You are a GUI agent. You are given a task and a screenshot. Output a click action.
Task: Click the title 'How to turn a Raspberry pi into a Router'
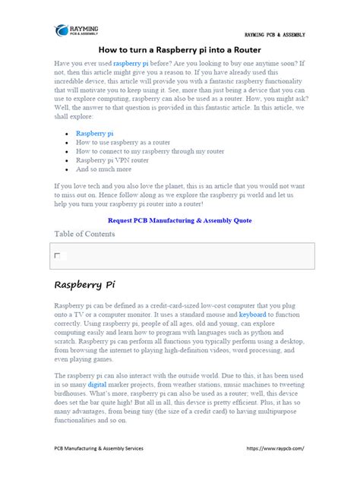pyautogui.click(x=180, y=49)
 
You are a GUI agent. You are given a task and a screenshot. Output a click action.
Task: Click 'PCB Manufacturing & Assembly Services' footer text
pyautogui.click(x=99, y=448)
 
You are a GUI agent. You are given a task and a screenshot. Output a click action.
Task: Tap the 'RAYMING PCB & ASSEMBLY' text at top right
pyautogui.click(x=274, y=35)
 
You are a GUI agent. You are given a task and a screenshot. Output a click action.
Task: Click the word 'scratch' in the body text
pyautogui.click(x=65, y=343)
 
